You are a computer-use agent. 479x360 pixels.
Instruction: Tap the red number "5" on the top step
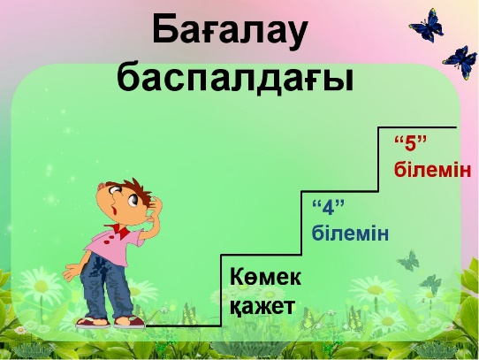point(410,144)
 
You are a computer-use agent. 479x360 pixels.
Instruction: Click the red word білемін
point(432,169)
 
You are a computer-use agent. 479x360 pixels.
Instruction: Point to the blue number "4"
point(328,208)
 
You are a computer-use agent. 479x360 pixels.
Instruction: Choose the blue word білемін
point(350,233)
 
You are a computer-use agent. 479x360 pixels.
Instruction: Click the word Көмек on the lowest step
point(265,277)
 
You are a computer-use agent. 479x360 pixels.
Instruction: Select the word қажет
point(262,306)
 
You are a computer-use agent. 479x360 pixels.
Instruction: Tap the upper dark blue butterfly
point(427,26)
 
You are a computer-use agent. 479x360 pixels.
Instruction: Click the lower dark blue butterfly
point(460,63)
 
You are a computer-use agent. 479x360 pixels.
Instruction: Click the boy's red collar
point(120,230)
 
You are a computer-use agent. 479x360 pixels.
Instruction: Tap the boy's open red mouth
point(115,211)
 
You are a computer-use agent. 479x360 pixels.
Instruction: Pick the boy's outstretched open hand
point(72,272)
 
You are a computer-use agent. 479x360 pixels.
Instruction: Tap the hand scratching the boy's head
point(155,206)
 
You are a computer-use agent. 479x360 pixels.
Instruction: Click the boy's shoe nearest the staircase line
point(129,321)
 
